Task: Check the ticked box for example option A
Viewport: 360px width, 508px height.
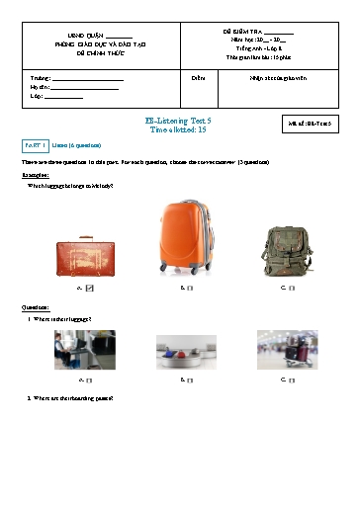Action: (90, 288)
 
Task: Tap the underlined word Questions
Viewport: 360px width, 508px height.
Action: (37, 308)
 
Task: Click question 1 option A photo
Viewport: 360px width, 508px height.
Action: (85, 349)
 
